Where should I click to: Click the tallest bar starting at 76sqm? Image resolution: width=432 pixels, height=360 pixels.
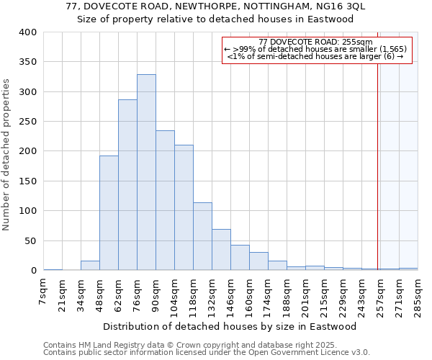pyautogui.click(x=146, y=173)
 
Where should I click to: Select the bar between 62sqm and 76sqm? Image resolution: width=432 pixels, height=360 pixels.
pyautogui.click(x=127, y=185)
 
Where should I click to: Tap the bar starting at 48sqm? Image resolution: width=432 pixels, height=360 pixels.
pyautogui.click(x=109, y=213)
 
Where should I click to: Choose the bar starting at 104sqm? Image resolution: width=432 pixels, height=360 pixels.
pyautogui.click(x=184, y=207)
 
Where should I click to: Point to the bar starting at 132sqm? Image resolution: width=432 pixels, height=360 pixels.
pyautogui.click(x=221, y=250)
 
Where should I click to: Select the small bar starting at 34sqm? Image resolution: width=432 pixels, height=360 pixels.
pyautogui.click(x=90, y=266)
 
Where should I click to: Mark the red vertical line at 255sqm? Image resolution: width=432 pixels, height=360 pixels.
pyautogui.click(x=377, y=158)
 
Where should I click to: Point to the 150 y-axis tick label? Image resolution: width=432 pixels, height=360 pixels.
pyautogui.click(x=28, y=181)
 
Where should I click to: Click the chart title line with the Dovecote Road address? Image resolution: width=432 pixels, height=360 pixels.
pyautogui.click(x=216, y=6)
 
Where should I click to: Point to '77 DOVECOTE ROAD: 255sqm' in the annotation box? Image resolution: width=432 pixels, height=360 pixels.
pyautogui.click(x=315, y=42)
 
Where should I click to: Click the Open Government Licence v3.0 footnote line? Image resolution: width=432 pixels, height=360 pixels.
pyautogui.click(x=206, y=352)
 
